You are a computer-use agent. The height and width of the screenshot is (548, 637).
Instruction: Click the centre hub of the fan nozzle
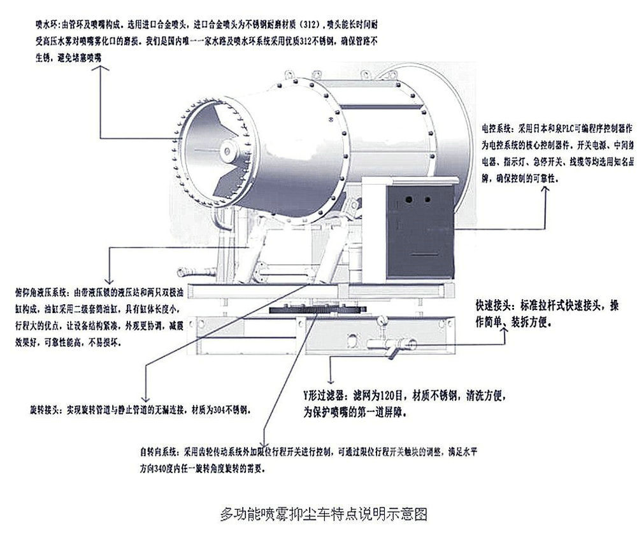point(226,150)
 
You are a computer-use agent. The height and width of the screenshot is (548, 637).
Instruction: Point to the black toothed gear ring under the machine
point(318,311)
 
